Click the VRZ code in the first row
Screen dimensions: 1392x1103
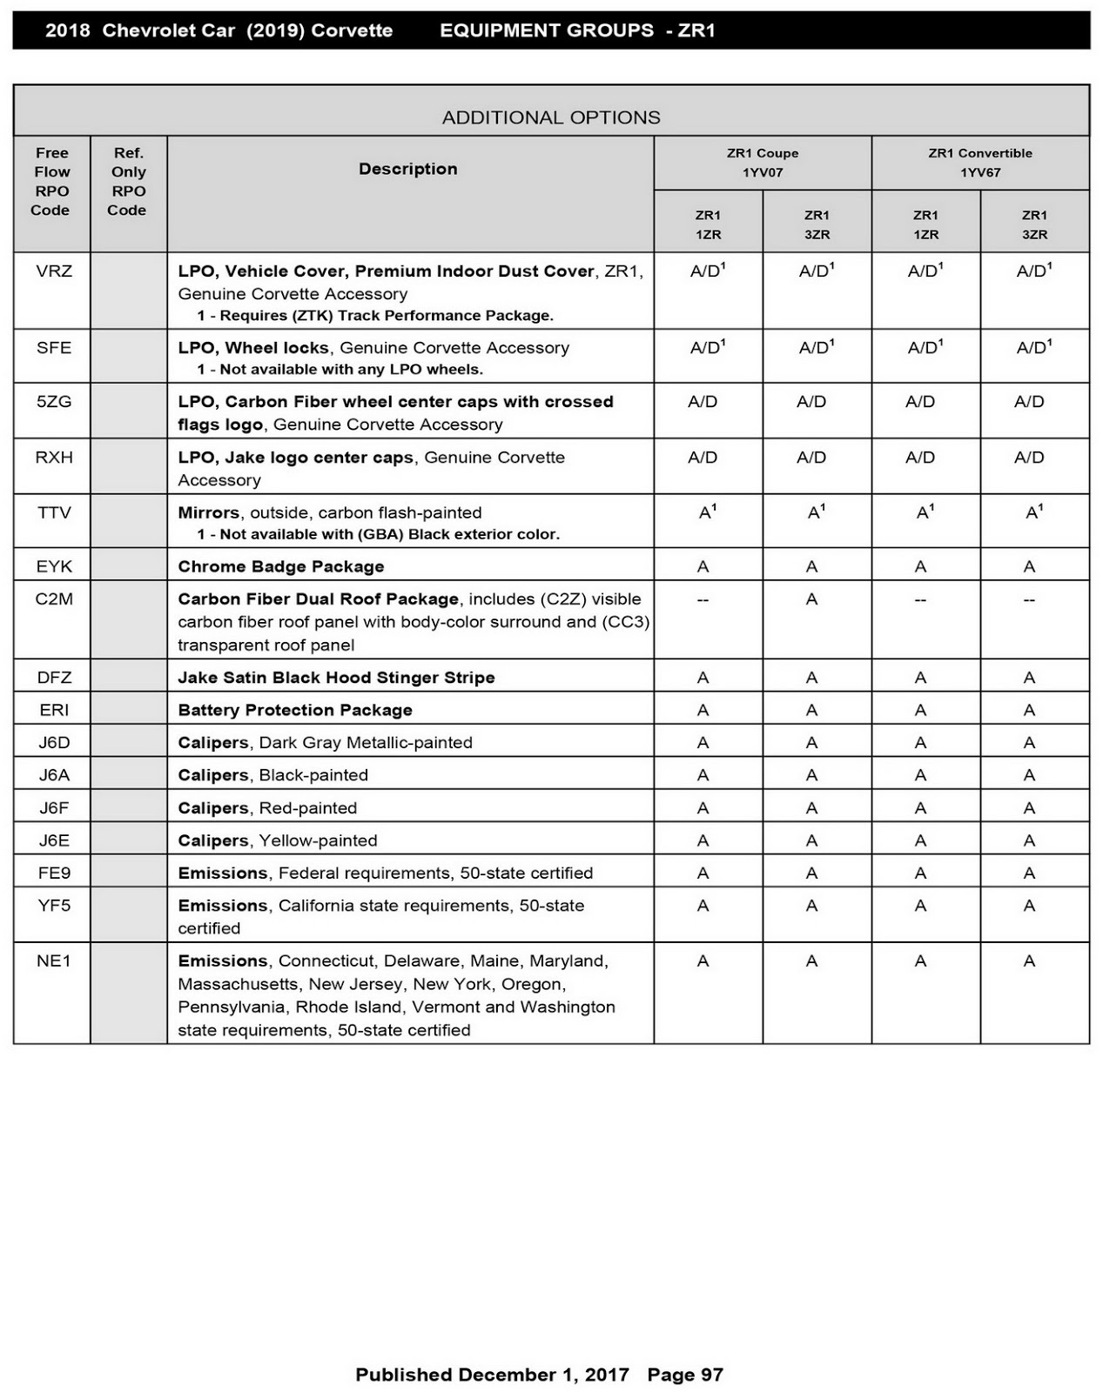click(x=54, y=271)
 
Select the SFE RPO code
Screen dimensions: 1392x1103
click(x=54, y=348)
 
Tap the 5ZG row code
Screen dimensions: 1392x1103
click(x=54, y=402)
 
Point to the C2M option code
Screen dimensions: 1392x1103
click(x=54, y=599)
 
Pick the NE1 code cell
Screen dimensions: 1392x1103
click(x=54, y=961)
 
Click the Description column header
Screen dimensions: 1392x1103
click(x=408, y=169)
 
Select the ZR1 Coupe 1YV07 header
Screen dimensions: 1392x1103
click(x=763, y=163)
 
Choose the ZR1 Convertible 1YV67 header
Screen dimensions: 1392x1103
click(x=980, y=163)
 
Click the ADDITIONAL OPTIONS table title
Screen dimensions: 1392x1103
click(x=551, y=117)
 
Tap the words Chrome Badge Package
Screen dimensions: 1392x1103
click(x=281, y=567)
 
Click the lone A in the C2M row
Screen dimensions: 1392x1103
click(x=811, y=599)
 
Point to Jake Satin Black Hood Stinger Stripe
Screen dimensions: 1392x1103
click(x=336, y=678)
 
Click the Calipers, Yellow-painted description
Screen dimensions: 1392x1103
click(x=278, y=840)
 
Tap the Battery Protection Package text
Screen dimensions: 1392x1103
click(x=295, y=710)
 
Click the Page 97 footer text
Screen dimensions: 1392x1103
click(x=685, y=1375)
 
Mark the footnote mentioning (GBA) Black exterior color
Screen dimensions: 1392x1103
click(x=379, y=534)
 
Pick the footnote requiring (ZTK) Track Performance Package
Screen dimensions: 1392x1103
click(x=375, y=315)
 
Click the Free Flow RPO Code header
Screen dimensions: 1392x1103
click(x=51, y=181)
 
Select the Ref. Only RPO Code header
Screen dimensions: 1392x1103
click(x=128, y=181)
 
